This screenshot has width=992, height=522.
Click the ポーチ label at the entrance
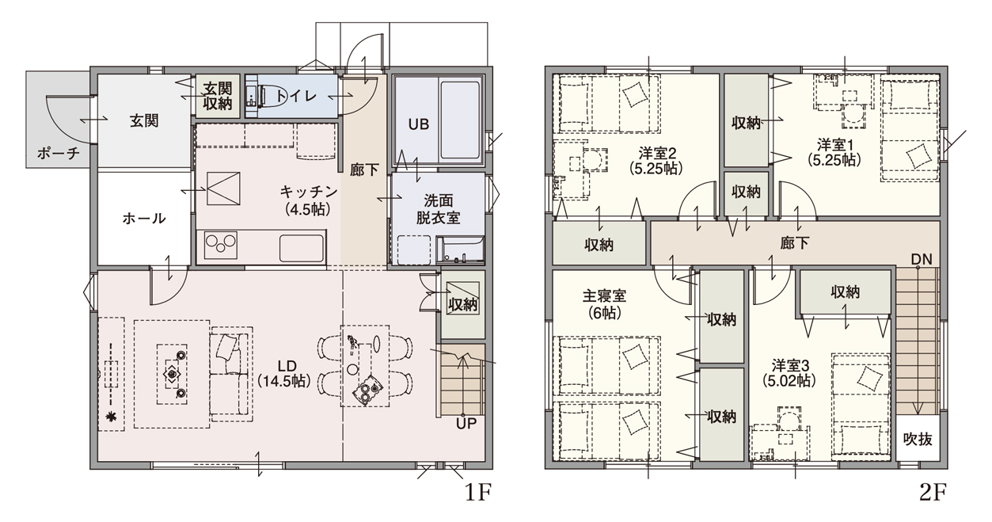click(59, 154)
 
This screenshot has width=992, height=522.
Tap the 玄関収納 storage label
click(218, 96)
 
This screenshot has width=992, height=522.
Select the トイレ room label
click(296, 96)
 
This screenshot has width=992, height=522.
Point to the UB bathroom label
click(419, 124)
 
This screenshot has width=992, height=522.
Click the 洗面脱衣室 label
click(438, 209)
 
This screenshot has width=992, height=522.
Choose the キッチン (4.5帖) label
click(309, 200)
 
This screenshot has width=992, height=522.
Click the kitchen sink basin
click(302, 248)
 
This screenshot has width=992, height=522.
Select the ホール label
click(144, 218)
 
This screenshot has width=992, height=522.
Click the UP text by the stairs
click(466, 424)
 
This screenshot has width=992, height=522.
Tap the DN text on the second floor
click(922, 260)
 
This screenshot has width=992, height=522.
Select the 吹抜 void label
click(918, 439)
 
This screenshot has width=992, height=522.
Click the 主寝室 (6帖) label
click(604, 304)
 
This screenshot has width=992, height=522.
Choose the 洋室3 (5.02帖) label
click(790, 373)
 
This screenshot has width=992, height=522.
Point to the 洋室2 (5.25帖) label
click(657, 161)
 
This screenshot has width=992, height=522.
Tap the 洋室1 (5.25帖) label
click(834, 152)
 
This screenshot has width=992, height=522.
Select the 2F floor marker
click(933, 493)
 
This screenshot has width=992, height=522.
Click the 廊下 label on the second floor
click(795, 243)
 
